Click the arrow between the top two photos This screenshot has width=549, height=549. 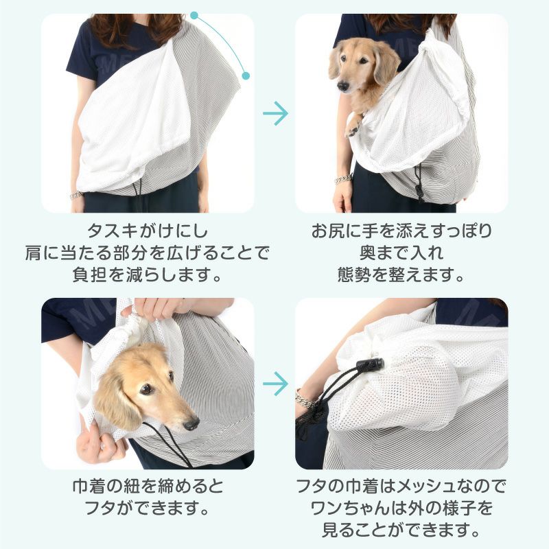pos(275,114)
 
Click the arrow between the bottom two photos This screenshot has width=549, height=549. pos(275,383)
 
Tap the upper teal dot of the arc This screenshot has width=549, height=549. pos(195,14)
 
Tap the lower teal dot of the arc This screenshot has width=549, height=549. pos(246,75)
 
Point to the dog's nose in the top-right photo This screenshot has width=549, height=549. pos(342,86)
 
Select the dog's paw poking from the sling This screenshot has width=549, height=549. pos(354,127)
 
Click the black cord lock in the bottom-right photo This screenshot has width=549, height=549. pos(371,365)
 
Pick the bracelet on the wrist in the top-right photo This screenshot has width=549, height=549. pos(343,180)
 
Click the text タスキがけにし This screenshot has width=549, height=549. pos(148,230)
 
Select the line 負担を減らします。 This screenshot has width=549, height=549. pos(148,274)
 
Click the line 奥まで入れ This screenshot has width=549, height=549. pos(401,253)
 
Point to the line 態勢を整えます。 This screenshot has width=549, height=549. pos(401,274)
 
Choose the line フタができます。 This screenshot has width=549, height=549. pos(148,510)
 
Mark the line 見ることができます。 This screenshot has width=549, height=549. pos(401,531)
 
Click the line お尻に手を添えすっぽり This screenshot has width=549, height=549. pos(401,230)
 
